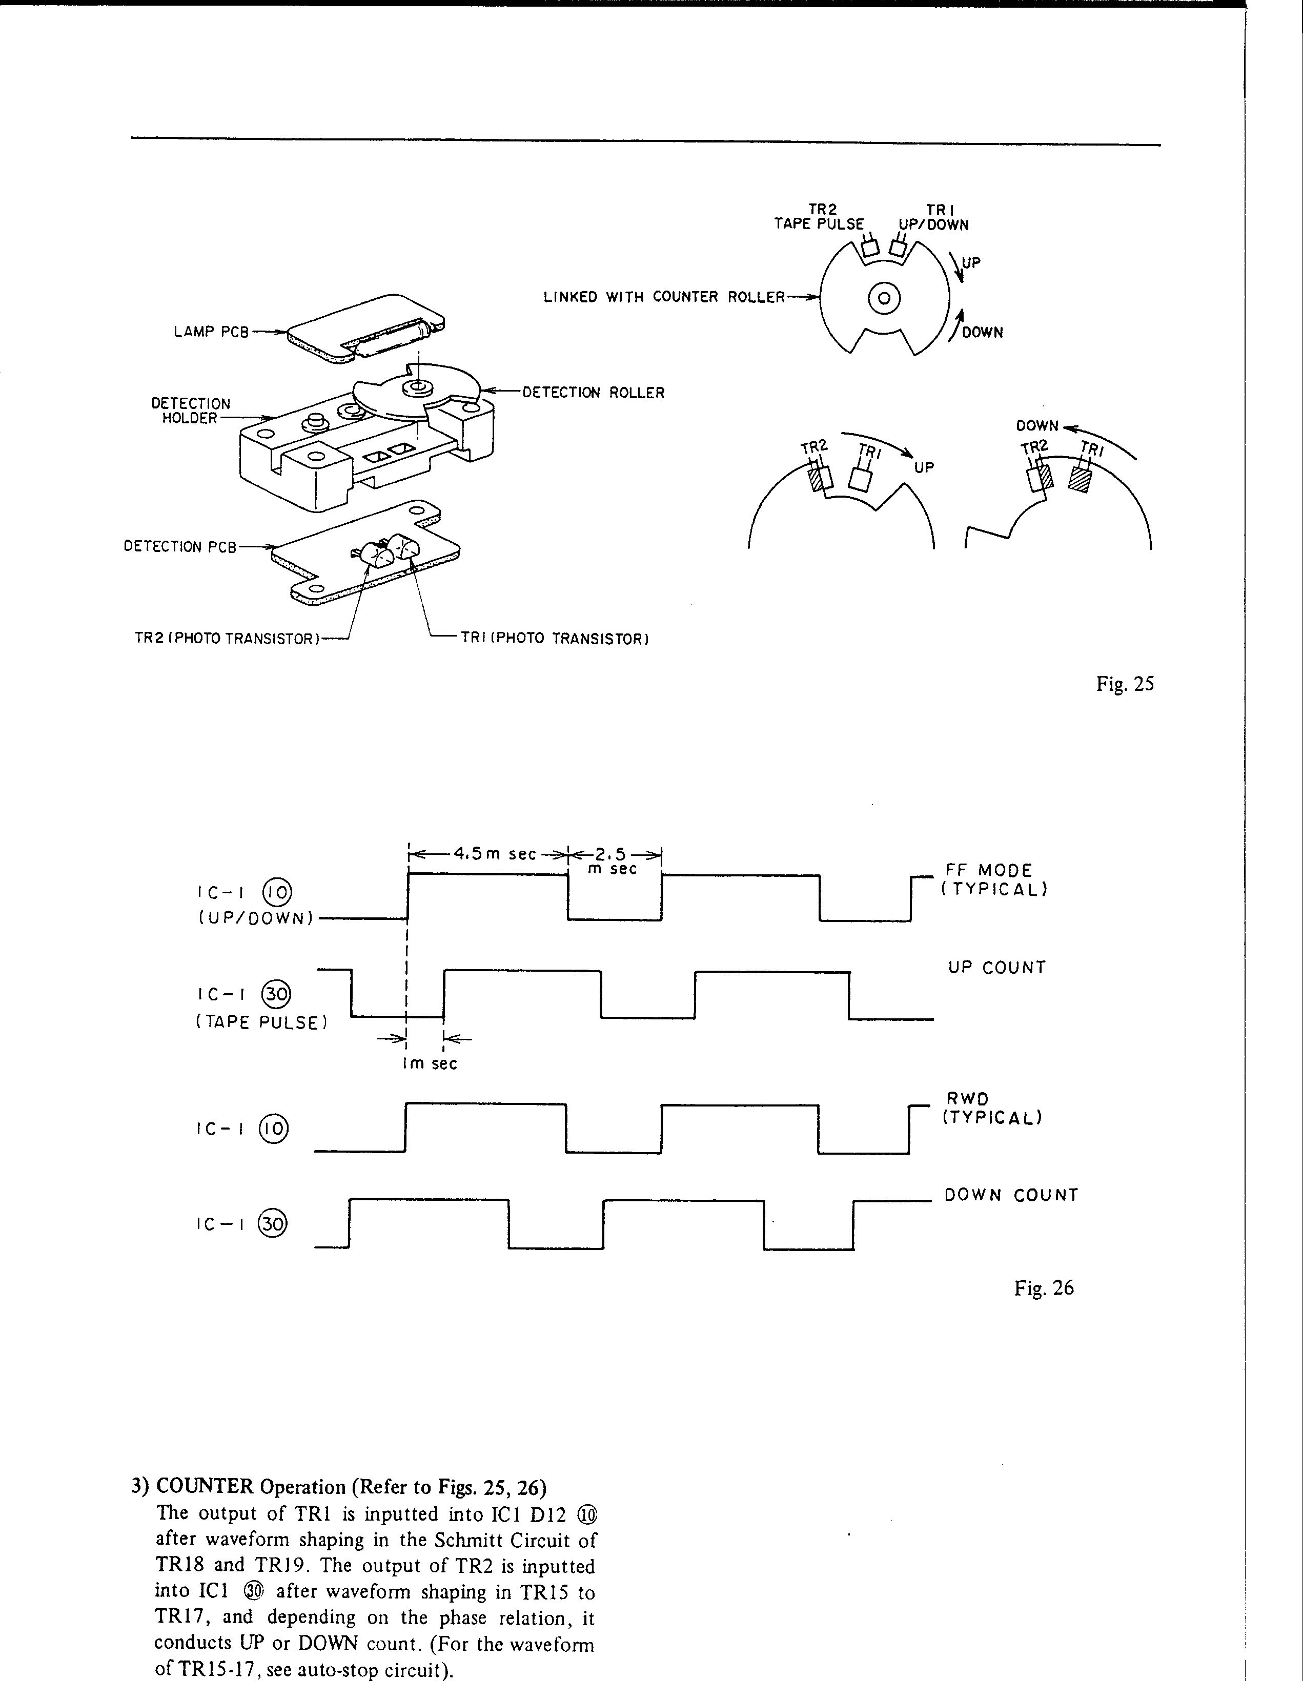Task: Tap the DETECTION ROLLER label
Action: coord(594,393)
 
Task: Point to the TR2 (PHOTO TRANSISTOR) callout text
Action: coord(227,639)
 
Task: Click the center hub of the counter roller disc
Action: coord(884,298)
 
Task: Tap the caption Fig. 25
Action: coord(1125,684)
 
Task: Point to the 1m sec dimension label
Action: coord(430,1064)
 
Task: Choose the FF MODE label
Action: coord(988,871)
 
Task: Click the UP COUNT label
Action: coord(996,968)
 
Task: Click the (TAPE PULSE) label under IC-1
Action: coord(262,1023)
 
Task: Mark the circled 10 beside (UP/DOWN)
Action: coord(276,892)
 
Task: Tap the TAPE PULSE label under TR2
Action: coord(819,225)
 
